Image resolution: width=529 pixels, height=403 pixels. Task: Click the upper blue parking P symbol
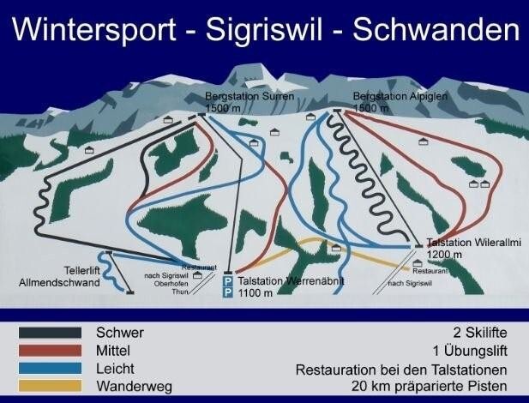click(227, 281)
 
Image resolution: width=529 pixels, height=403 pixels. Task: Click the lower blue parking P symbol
click(227, 293)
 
